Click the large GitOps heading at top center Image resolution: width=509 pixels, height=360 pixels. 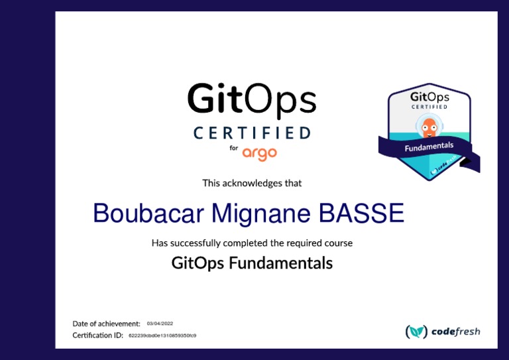[251, 100]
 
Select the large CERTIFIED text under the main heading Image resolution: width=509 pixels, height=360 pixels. [251, 133]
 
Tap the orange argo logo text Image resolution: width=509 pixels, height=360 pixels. [259, 153]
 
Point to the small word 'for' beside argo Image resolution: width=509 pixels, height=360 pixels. [233, 149]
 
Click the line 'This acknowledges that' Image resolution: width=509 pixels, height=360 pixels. [252, 182]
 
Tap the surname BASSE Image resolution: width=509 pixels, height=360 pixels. [361, 213]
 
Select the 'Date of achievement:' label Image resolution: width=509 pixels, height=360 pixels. [106, 324]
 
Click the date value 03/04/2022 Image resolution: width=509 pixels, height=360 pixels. [160, 324]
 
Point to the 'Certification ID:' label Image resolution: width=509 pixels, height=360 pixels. [97, 335]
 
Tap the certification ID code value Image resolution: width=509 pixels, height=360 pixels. [162, 335]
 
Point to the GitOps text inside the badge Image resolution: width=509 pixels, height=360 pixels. [429, 97]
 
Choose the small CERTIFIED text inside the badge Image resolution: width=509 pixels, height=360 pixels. [429, 107]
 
